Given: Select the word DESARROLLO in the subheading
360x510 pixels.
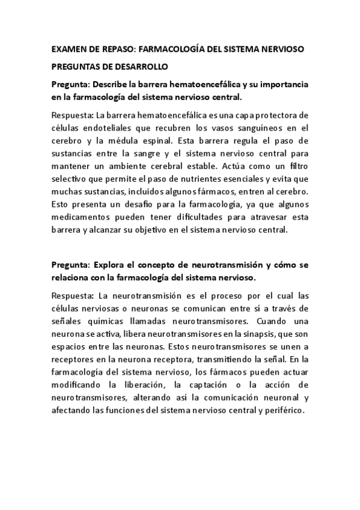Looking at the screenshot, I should tap(133, 66).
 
